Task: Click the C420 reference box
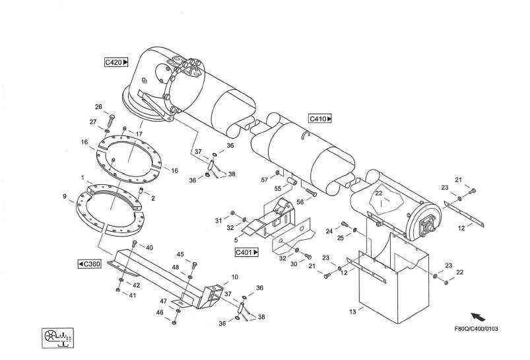point(116,62)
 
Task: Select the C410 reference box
point(320,119)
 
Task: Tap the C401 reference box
point(247,252)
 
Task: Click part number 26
point(98,107)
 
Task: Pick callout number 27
point(92,122)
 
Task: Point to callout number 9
point(65,196)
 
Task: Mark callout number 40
point(150,247)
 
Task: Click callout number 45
point(180,254)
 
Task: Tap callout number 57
point(264,180)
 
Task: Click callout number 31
point(218,220)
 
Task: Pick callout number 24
point(329,231)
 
